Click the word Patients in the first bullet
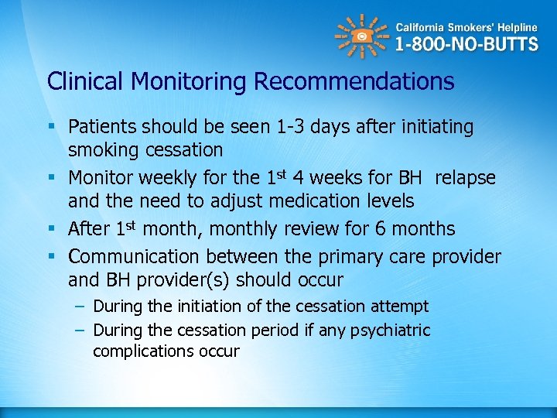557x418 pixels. pyautogui.click(x=102, y=126)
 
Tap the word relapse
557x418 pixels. pyautogui.click(x=465, y=178)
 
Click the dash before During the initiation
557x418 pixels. pyautogui.click(x=79, y=307)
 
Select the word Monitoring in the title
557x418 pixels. pyautogui.click(x=190, y=81)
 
